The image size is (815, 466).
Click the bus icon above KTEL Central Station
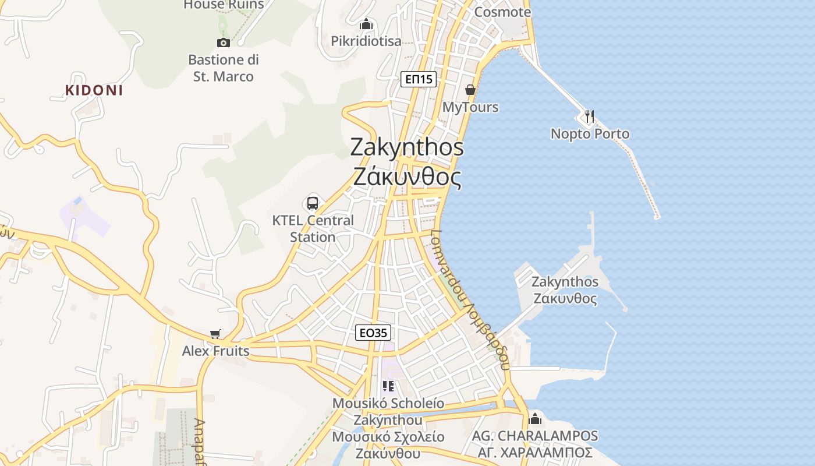point(313,203)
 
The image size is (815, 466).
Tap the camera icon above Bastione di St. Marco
point(223,42)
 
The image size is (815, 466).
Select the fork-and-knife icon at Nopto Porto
point(590,116)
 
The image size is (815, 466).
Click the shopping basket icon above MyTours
point(470,90)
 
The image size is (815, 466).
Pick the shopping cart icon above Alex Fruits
point(215,334)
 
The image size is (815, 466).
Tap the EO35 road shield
point(373,333)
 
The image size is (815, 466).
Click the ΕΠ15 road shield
point(419,79)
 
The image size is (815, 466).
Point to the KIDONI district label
point(94,90)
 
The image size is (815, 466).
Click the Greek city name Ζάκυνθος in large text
point(408,176)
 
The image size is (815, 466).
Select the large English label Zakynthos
point(407,147)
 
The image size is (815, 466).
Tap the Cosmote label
point(502,12)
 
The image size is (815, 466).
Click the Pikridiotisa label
point(366,41)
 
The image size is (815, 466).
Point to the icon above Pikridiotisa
point(366,24)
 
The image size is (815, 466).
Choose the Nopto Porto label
point(590,134)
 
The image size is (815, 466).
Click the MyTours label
point(470,107)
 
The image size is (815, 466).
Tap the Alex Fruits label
point(215,351)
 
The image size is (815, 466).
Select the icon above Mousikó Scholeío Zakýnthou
point(388,386)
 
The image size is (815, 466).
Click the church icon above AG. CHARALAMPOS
point(535,419)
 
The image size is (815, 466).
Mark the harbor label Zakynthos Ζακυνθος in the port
point(565,290)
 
